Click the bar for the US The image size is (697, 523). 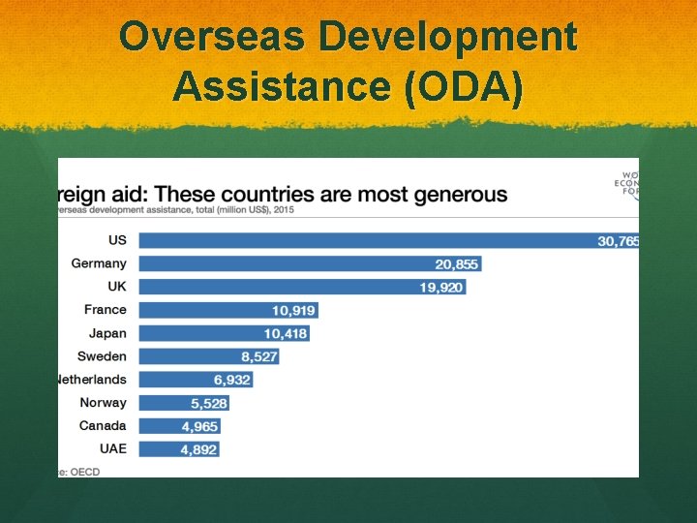[x=368, y=240]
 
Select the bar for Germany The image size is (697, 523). [x=290, y=263]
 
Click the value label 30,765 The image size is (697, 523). [x=618, y=241]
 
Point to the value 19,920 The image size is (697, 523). [x=440, y=287]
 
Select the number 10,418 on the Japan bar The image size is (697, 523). [x=286, y=333]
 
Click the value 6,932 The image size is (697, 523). [x=232, y=380]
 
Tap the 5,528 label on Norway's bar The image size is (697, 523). [x=208, y=403]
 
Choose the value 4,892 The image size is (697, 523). [x=198, y=449]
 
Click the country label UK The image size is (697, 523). [x=116, y=287]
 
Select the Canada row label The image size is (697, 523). [x=103, y=426]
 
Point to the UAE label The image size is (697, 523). [x=112, y=449]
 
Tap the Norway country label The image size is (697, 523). [x=103, y=403]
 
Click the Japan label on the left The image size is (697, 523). [x=107, y=333]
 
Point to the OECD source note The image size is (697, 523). [x=81, y=472]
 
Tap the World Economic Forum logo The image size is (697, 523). [x=627, y=181]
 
